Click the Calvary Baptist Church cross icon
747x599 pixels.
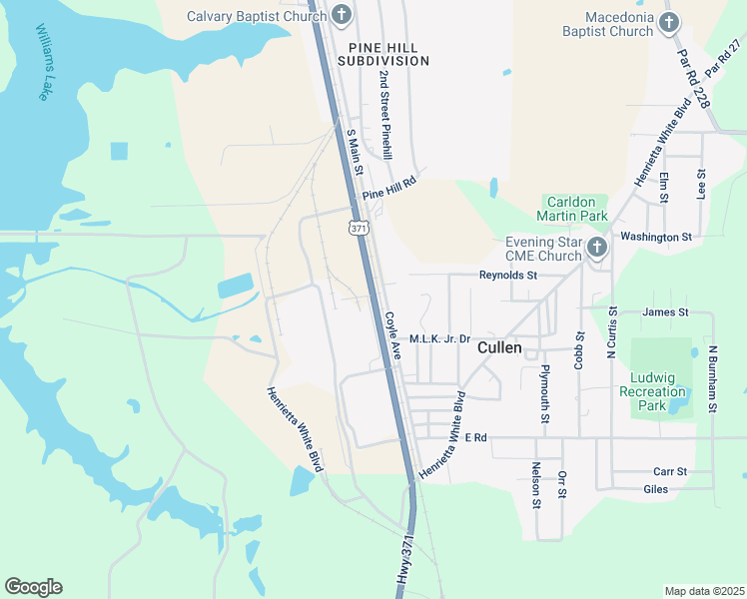[x=342, y=16]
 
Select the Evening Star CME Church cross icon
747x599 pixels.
[x=596, y=248]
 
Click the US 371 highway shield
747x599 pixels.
[x=360, y=229]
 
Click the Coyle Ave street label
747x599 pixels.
[x=391, y=334]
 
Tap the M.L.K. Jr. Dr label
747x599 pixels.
[x=439, y=339]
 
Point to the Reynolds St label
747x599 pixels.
[x=508, y=275]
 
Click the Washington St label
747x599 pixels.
[x=656, y=237]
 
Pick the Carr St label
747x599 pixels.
[x=669, y=471]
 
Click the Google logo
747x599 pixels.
[x=34, y=587]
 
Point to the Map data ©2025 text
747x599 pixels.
[x=704, y=591]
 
